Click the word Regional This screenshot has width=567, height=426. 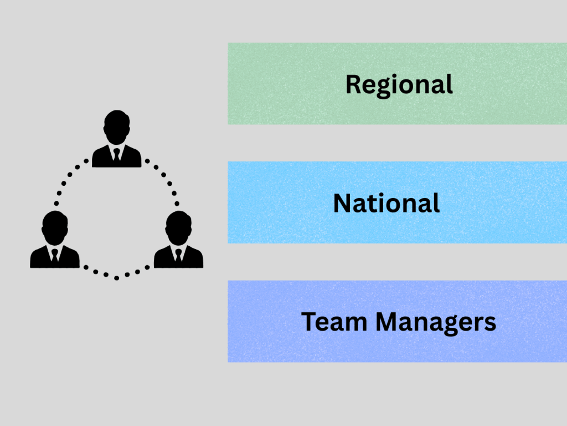coord(399,85)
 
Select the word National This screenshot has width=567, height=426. coord(386,204)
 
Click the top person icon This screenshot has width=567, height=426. coord(116,141)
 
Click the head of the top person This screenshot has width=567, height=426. coord(116,125)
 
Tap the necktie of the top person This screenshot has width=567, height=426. coord(116,155)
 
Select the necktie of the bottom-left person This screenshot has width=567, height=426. coord(55,256)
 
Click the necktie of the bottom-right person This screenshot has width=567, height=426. coord(178,256)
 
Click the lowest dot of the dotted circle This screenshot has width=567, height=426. coord(116,277)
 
